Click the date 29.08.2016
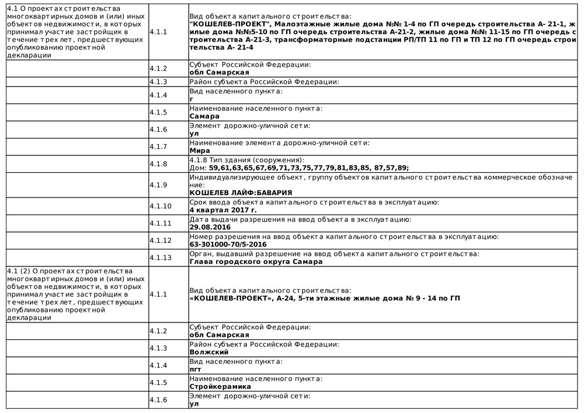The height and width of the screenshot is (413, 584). click(x=210, y=227)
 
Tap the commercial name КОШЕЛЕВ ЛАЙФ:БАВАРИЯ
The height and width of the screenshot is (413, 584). click(x=241, y=192)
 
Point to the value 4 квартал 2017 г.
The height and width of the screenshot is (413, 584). click(x=223, y=210)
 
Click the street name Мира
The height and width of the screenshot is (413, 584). click(x=200, y=151)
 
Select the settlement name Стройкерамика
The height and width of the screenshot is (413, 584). click(x=220, y=387)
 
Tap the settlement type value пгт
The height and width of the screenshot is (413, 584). click(x=196, y=370)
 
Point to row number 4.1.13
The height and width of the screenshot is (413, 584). click(x=161, y=258)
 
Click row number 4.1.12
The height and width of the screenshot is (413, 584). click(x=161, y=241)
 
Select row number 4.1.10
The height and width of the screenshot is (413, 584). click(x=161, y=206)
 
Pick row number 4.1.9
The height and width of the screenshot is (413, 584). click(x=158, y=185)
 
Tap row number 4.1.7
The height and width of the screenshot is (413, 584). click(x=158, y=147)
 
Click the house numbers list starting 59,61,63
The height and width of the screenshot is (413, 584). click(x=309, y=168)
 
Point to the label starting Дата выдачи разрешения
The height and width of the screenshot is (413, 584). click(x=300, y=220)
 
